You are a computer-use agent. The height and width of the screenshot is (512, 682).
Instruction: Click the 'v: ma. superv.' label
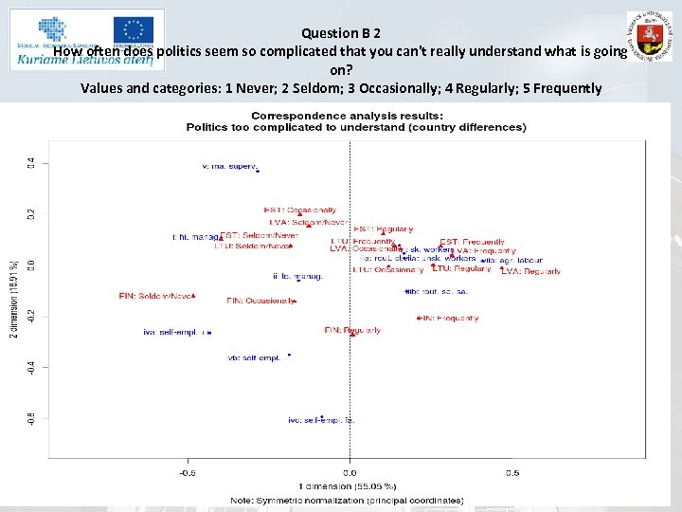point(230,166)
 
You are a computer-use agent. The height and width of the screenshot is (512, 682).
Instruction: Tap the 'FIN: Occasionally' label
point(260,301)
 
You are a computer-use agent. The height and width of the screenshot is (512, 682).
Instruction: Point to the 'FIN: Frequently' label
point(449,319)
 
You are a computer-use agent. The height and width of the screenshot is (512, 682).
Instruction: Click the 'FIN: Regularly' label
point(352,331)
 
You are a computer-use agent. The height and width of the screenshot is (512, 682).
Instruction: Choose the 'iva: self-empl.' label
point(173,332)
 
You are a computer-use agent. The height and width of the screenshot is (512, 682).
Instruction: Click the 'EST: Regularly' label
point(383,229)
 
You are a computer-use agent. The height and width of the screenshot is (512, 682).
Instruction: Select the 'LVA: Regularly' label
point(530,271)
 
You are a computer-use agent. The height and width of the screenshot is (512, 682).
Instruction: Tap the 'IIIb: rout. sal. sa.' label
point(438,292)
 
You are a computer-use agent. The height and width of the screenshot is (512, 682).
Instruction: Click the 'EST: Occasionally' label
point(299,210)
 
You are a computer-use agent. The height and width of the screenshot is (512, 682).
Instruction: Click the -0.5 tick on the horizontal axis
point(188,472)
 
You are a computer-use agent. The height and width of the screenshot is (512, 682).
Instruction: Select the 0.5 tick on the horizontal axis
point(511,472)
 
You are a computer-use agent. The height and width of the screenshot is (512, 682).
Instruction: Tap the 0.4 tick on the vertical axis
point(30,164)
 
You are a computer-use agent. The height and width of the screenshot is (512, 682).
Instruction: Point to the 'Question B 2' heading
point(341,32)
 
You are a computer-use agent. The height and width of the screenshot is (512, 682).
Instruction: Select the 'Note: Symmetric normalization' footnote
point(347,500)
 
